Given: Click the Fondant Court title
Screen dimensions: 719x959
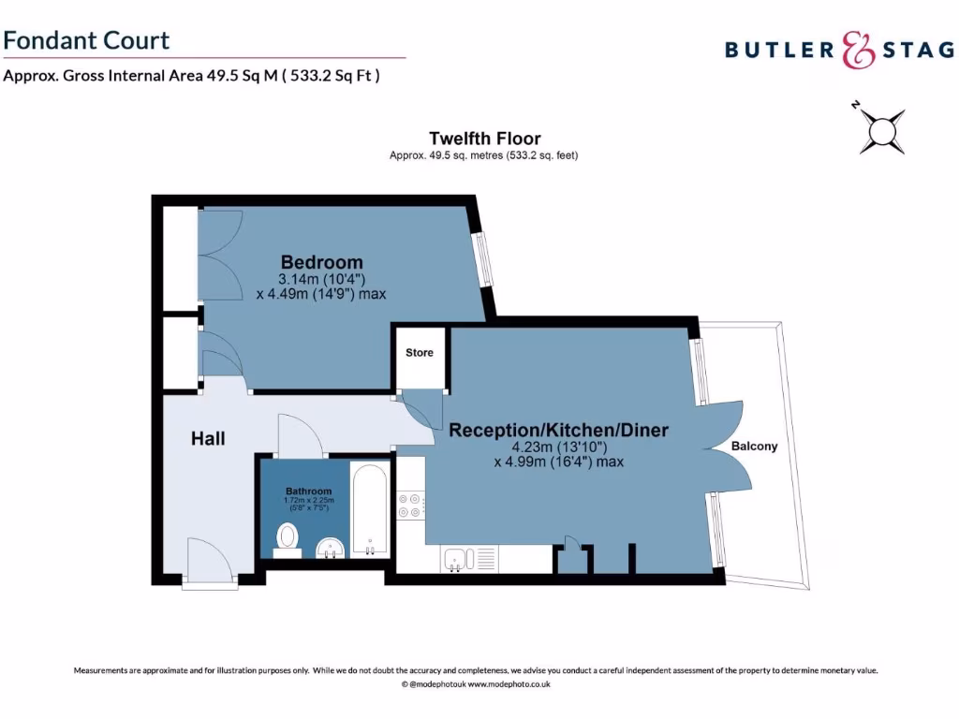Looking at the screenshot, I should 86,40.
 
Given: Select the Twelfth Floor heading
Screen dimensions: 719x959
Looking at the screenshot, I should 484,139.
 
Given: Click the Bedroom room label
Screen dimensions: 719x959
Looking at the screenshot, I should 322,262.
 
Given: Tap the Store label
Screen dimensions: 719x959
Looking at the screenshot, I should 420,353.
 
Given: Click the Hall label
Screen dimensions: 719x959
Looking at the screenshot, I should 208,438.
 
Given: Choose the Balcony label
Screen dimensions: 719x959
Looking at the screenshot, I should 754,447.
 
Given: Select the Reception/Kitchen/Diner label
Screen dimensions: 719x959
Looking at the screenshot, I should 558,431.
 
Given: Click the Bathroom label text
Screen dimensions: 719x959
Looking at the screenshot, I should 309,492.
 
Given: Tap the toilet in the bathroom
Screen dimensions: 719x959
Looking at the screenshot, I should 288,538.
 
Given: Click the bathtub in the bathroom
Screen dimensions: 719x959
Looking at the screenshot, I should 369,510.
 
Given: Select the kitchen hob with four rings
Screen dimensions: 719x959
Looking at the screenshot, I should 410,506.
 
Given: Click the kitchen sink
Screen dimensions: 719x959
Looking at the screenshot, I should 456,558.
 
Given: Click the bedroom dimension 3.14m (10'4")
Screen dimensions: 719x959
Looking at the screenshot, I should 321,279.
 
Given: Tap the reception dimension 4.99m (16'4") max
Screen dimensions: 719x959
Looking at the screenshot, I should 558,462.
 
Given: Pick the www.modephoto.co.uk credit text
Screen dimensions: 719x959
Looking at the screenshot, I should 509,684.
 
